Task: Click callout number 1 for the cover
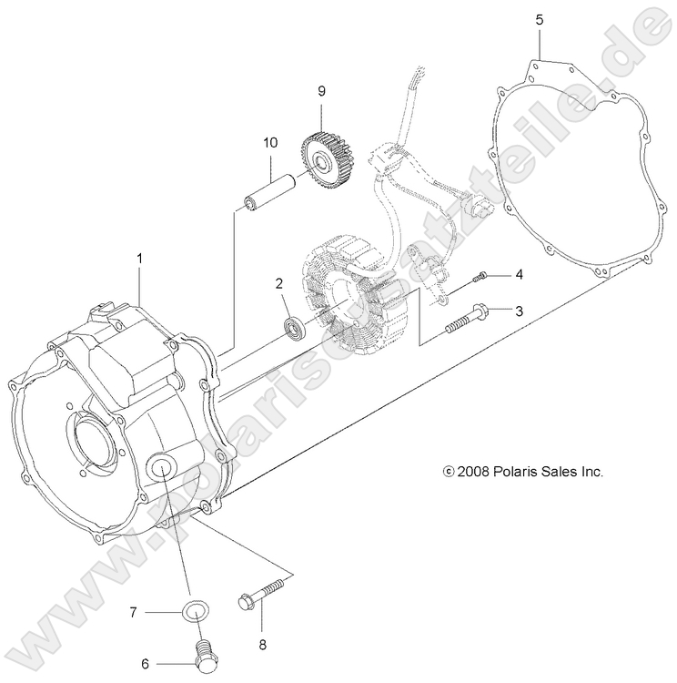[139, 259]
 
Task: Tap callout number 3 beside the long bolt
[519, 311]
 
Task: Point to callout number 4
[519, 274]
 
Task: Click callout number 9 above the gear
[321, 90]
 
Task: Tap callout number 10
[269, 142]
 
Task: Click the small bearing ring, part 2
[295, 325]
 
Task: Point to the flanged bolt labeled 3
[467, 318]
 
